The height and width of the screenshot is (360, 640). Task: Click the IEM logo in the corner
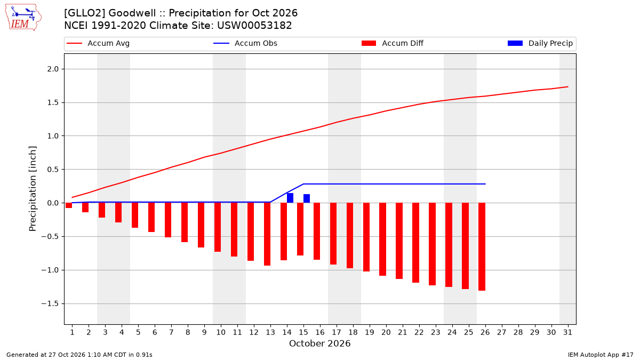point(23,18)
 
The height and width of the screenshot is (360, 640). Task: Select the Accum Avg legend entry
point(98,43)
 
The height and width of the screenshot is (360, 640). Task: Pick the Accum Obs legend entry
point(245,43)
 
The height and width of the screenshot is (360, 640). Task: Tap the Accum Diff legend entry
point(393,43)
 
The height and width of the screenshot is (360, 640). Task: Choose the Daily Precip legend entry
point(540,43)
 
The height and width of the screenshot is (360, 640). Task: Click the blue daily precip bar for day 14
point(290,198)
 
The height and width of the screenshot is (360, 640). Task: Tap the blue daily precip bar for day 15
point(307,198)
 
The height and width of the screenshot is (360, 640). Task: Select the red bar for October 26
point(482,247)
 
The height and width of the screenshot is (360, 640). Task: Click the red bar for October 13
point(267,234)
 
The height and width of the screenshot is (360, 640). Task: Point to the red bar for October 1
point(69,205)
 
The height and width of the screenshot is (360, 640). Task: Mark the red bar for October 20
point(382,239)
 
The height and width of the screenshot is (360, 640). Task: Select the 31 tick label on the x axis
point(567,333)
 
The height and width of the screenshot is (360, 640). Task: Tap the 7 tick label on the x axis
point(171,333)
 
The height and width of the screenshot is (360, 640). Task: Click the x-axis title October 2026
point(319,343)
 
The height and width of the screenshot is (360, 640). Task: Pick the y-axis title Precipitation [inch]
point(33,189)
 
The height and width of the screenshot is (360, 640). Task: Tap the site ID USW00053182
point(254,26)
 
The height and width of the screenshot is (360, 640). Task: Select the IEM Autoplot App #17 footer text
point(601,355)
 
